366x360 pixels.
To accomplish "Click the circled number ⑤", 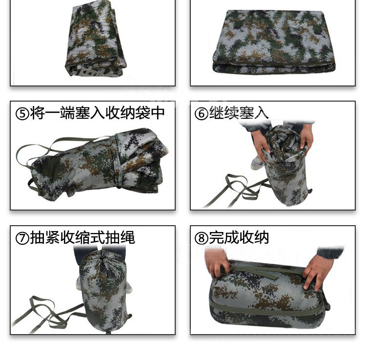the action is pos(22,114).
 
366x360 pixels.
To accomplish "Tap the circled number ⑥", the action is pos(201,114).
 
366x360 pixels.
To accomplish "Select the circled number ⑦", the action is pos(22,238).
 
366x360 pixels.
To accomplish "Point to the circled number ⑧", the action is pos(201,238).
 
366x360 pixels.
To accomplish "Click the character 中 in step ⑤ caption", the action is pos(158,113).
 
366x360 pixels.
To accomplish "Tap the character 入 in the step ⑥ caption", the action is pos(261,113).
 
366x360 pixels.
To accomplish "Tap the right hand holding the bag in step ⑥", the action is pos(306,137).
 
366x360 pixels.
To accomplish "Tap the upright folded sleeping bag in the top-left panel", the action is pos(95,40).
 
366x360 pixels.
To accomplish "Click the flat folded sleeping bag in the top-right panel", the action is pos(274,42).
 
